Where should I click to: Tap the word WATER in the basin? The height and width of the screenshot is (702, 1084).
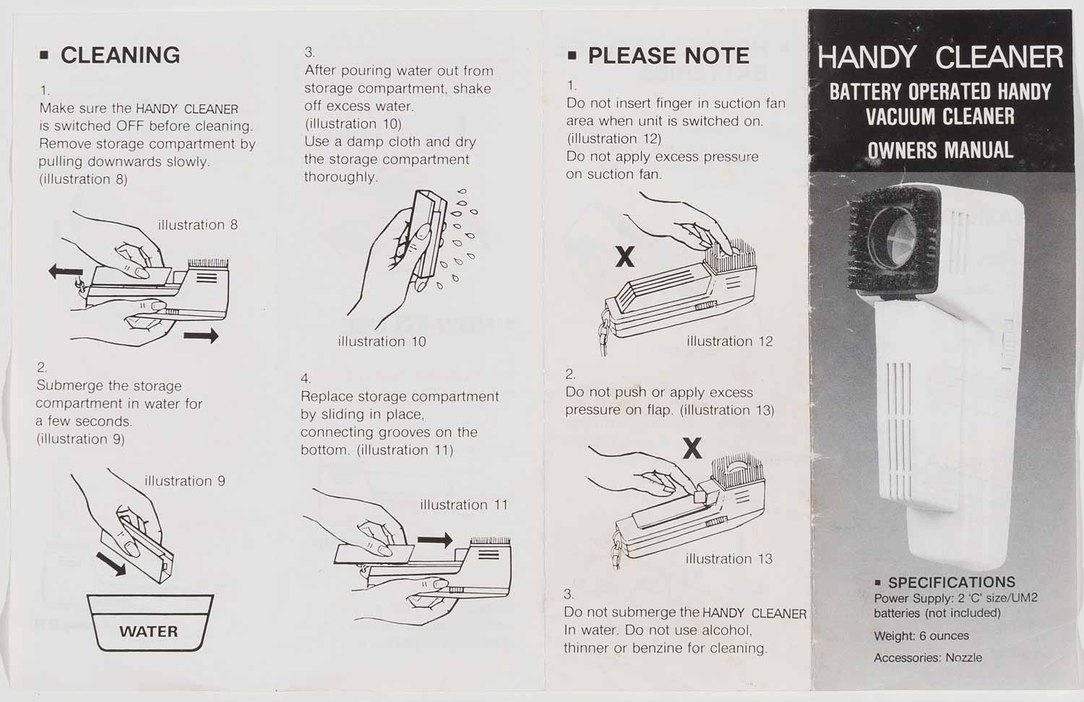[149, 631]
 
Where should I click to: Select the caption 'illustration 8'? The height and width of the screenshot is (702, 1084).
[198, 225]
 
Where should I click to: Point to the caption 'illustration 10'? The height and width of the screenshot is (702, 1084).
[382, 341]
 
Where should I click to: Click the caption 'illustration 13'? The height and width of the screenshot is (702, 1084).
[728, 559]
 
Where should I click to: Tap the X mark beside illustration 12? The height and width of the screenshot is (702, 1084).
[625, 257]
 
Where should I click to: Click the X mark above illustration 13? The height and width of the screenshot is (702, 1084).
[692, 448]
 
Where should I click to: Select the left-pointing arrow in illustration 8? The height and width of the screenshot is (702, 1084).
[66, 273]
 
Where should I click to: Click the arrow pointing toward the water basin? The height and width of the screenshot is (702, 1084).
[111, 564]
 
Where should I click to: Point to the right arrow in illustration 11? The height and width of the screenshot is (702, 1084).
[435, 540]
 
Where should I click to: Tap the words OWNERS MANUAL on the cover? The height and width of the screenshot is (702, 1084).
[940, 150]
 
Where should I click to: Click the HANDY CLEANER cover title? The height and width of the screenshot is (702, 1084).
[940, 58]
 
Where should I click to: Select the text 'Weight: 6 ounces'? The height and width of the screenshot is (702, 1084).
[921, 635]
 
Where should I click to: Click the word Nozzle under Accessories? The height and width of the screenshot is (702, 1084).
[964, 657]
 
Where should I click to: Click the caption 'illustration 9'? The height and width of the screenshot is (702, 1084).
[185, 481]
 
